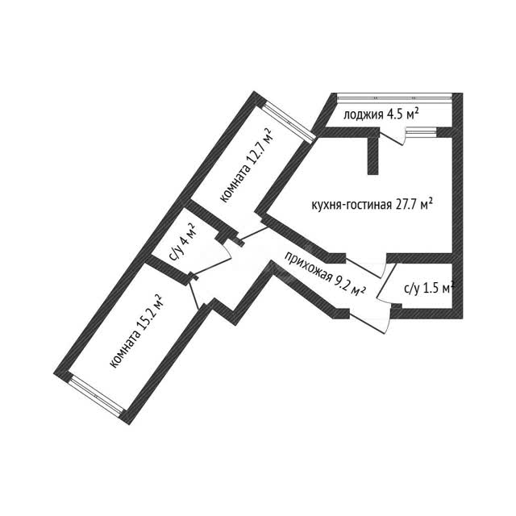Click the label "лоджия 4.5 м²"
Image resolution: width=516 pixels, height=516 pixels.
click(381, 114)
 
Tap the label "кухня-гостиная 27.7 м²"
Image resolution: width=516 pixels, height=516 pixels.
click(372, 205)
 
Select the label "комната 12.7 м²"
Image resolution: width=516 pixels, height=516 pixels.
click(248, 165)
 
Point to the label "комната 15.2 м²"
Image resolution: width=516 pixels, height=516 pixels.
click(137, 331)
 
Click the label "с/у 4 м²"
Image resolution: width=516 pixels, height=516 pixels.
click(182, 242)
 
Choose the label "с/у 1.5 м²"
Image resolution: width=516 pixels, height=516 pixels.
click(429, 289)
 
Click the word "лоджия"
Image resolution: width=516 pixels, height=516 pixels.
click(364, 114)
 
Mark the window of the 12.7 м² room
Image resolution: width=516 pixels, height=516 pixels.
click(289, 122)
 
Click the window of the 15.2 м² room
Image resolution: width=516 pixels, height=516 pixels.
click(98, 394)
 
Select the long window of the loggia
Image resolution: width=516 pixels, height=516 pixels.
click(395, 96)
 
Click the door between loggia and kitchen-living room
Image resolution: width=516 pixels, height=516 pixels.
click(392, 137)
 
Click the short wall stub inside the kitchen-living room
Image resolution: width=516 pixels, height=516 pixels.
click(372, 156)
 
